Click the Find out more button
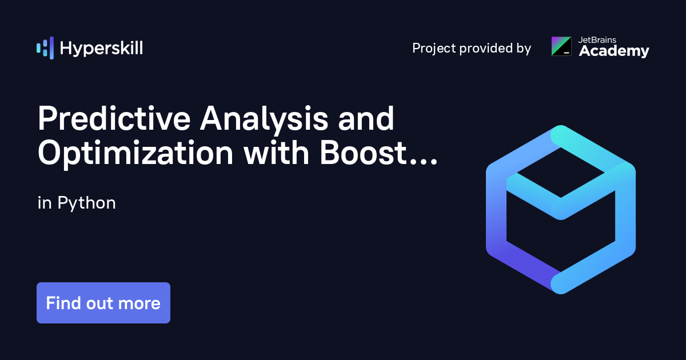tap(103, 303)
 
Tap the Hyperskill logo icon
tap(45, 48)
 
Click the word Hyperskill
tap(101, 49)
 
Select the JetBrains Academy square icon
tap(561, 46)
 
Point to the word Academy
tap(614, 51)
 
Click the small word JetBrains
tap(597, 40)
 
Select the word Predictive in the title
tap(114, 119)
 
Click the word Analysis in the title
tap(264, 120)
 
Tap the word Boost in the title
tap(363, 153)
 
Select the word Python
tap(87, 203)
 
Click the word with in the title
tap(277, 153)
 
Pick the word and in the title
tap(366, 119)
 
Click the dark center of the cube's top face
tap(561, 173)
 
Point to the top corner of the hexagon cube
tap(561, 126)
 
